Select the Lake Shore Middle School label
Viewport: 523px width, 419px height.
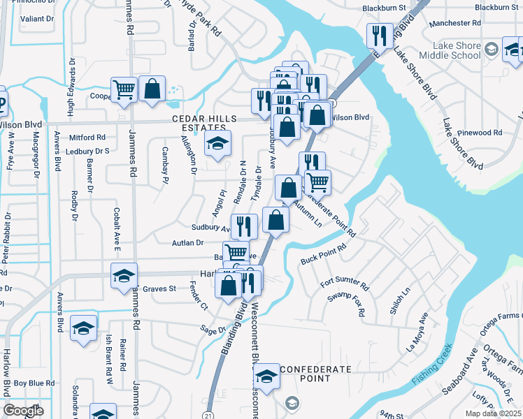pyautogui.click(x=451, y=51)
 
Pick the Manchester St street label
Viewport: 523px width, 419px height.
pyautogui.click(x=456, y=23)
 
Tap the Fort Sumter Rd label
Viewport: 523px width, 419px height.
pyautogui.click(x=345, y=284)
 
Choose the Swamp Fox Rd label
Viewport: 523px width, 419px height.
pyautogui.click(x=348, y=304)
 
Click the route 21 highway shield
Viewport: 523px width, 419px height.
pyautogui.click(x=209, y=414)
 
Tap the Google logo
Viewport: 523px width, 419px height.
pyautogui.click(x=23, y=411)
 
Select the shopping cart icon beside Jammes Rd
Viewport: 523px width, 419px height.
pyautogui.click(x=124, y=89)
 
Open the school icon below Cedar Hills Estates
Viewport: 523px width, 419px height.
pyautogui.click(x=217, y=144)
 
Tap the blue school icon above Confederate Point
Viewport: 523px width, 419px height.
pyautogui.click(x=266, y=377)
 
